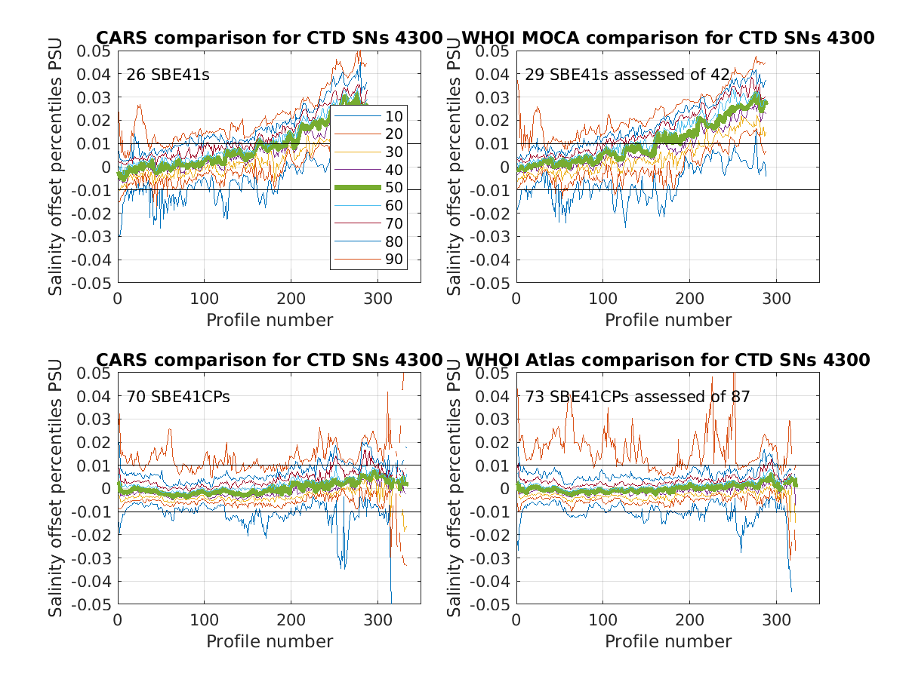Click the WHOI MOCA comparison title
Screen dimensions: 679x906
click(668, 38)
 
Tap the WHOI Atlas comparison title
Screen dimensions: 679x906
click(668, 360)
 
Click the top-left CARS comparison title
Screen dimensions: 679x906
click(269, 38)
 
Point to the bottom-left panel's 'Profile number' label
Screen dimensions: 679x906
click(270, 641)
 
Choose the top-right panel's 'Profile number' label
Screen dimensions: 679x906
click(668, 320)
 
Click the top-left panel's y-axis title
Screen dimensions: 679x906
click(56, 167)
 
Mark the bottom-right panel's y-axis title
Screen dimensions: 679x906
click(455, 488)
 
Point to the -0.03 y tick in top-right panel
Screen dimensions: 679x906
click(492, 237)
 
